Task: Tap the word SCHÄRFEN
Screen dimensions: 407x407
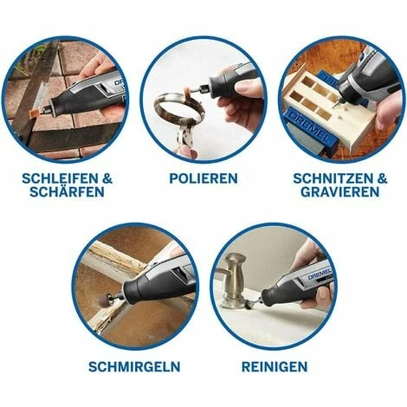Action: pyautogui.click(x=67, y=192)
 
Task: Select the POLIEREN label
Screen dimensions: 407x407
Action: pyautogui.click(x=203, y=178)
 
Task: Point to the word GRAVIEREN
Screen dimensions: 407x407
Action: pyautogui.click(x=340, y=192)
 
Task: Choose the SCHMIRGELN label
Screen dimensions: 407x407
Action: pyautogui.click(x=134, y=367)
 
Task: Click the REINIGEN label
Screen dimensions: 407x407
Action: pyautogui.click(x=275, y=367)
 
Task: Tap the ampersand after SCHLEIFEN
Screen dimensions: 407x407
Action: pyautogui.click(x=107, y=178)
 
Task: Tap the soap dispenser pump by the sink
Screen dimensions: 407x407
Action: pyautogui.click(x=236, y=277)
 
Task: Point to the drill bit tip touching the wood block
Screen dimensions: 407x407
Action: pyautogui.click(x=334, y=107)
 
